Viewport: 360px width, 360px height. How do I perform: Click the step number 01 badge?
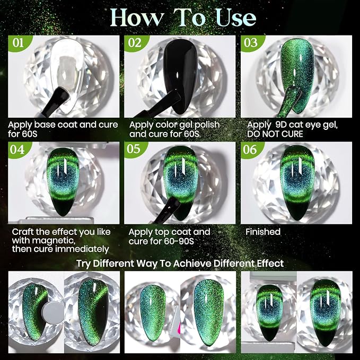click(19, 43)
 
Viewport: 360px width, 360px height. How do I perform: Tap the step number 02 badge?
click(135, 43)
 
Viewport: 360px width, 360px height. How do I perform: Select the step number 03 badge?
click(251, 43)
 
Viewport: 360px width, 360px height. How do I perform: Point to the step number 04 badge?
click(17, 150)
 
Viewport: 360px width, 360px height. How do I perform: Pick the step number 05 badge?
click(134, 149)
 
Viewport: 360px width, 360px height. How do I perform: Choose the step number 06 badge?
click(250, 150)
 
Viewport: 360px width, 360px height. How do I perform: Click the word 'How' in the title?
click(137, 17)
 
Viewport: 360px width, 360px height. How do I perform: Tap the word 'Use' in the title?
click(236, 17)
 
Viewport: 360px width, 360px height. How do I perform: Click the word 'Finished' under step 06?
click(263, 232)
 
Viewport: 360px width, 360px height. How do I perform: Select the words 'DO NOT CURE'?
click(275, 134)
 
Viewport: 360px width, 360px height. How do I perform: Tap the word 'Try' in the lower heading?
click(83, 264)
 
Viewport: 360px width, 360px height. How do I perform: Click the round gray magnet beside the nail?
click(53, 313)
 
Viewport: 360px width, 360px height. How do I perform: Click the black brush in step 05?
click(168, 210)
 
